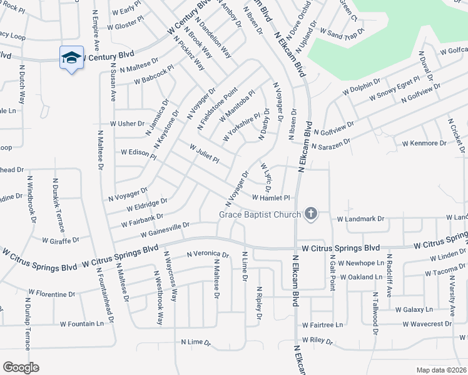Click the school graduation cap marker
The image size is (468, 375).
pos(71,58)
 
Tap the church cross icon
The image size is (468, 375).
pos(310,214)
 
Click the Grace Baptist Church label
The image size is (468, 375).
pos(260,214)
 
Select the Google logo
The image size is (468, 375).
pos(21,367)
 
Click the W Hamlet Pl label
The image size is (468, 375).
pos(271,197)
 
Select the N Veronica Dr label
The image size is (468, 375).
pos(208,254)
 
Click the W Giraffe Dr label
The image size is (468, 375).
pos(60,240)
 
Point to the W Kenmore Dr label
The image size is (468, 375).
pos(424,143)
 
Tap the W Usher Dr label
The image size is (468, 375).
pos(127,124)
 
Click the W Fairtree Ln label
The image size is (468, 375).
pos(322,325)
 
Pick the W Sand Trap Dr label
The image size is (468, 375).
pos(342,31)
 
